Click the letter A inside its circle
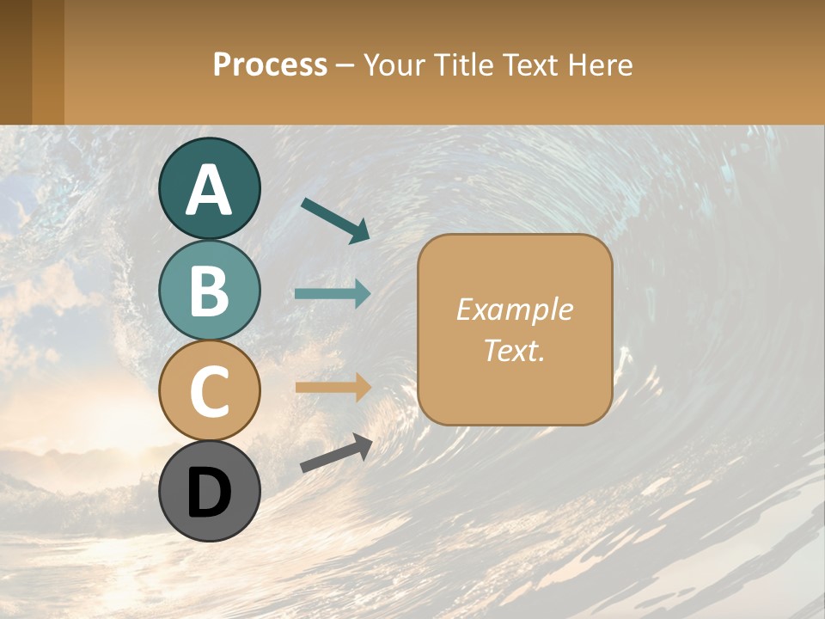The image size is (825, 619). pyautogui.click(x=210, y=191)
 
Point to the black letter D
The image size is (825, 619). pyautogui.click(x=210, y=493)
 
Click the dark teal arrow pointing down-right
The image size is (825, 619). pyautogui.click(x=334, y=219)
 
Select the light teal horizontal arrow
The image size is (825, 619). pyautogui.click(x=333, y=293)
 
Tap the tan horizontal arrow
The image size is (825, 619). pyautogui.click(x=333, y=387)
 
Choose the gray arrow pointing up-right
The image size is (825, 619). pyautogui.click(x=336, y=453)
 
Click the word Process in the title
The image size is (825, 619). pyautogui.click(x=270, y=64)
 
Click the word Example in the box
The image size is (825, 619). pyautogui.click(x=514, y=309)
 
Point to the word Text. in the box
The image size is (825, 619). pyautogui.click(x=514, y=350)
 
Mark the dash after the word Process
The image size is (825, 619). pyautogui.click(x=345, y=65)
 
